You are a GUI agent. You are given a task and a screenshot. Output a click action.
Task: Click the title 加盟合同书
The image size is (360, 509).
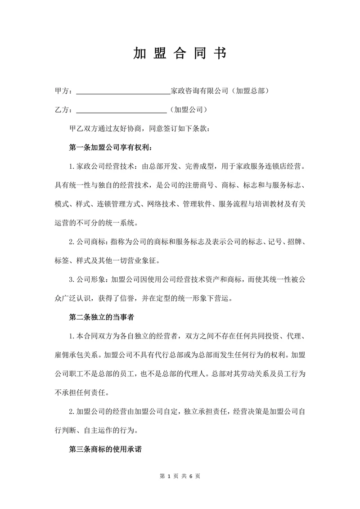[x=180, y=54]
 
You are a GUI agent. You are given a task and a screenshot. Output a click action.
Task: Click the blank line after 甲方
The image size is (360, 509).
[x=124, y=91]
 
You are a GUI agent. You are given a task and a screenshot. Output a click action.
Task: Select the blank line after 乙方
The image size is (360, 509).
[x=122, y=110]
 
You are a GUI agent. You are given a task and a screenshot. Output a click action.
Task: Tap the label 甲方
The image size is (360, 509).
[x=62, y=91]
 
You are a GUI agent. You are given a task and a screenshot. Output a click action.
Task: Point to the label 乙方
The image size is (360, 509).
[x=62, y=110]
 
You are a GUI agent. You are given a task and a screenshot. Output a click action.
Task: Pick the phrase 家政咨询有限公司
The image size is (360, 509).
[x=200, y=91]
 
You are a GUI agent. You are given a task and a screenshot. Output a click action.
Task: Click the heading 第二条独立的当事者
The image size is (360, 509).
[x=101, y=317]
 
